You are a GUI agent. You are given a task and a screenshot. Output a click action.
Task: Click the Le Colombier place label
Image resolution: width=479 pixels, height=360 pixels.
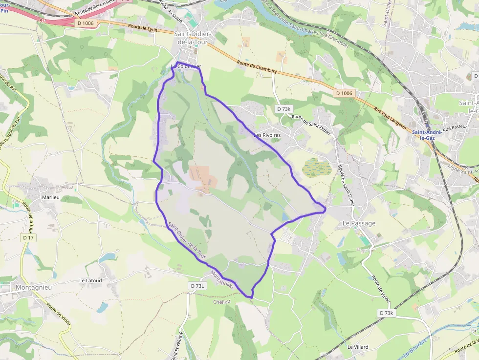(x=186, y=67)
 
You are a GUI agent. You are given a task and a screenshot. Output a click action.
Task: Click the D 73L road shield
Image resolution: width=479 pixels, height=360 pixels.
(x=198, y=286)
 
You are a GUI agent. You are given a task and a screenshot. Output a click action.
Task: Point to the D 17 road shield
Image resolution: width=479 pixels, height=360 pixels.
(x=28, y=237)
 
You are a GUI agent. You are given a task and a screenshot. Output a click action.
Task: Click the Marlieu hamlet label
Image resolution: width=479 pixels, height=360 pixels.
(x=51, y=198)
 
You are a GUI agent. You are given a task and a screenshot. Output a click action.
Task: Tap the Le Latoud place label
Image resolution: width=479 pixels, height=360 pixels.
(x=90, y=281)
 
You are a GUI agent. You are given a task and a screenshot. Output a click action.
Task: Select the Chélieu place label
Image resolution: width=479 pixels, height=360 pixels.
(x=221, y=301)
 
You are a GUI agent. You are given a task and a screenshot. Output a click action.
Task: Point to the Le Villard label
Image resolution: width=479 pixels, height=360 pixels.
(x=358, y=347)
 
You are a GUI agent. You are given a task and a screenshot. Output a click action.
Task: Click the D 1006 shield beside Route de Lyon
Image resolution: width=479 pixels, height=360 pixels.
(x=85, y=22)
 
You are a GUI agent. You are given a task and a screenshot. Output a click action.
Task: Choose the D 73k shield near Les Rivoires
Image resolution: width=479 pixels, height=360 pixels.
(x=283, y=109)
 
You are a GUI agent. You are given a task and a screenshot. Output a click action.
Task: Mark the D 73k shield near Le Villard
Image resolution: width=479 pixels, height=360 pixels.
(x=386, y=313)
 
